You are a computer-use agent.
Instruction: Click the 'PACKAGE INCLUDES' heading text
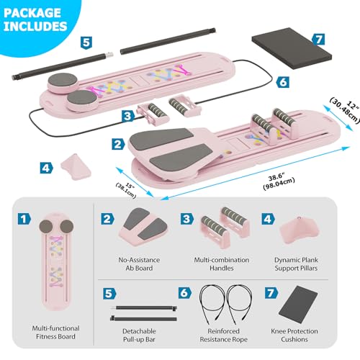coord(35,19)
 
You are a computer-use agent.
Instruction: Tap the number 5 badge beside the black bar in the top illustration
coord(86,43)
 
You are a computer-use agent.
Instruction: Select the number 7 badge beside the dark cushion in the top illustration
coord(318,39)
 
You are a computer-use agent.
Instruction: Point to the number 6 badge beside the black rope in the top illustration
coord(282,82)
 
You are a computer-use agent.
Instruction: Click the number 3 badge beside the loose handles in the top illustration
coord(128,116)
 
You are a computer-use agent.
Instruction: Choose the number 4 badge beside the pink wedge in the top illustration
coord(46,168)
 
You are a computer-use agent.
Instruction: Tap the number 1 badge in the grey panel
coord(24,219)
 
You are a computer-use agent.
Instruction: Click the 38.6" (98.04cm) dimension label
coord(279,181)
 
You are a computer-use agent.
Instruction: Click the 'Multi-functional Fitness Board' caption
coord(55,333)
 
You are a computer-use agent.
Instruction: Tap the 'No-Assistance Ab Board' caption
coord(139,264)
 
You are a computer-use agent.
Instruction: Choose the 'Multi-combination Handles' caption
coord(222,264)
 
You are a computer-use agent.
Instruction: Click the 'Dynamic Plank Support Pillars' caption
coord(296,264)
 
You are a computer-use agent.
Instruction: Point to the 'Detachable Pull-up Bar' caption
coord(139,335)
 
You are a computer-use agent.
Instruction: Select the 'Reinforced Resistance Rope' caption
coord(223,335)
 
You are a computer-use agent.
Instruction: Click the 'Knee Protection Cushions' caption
coord(294,335)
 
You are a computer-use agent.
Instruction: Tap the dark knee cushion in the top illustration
coord(292,49)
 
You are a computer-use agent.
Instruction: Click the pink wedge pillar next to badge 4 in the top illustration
coord(76,167)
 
